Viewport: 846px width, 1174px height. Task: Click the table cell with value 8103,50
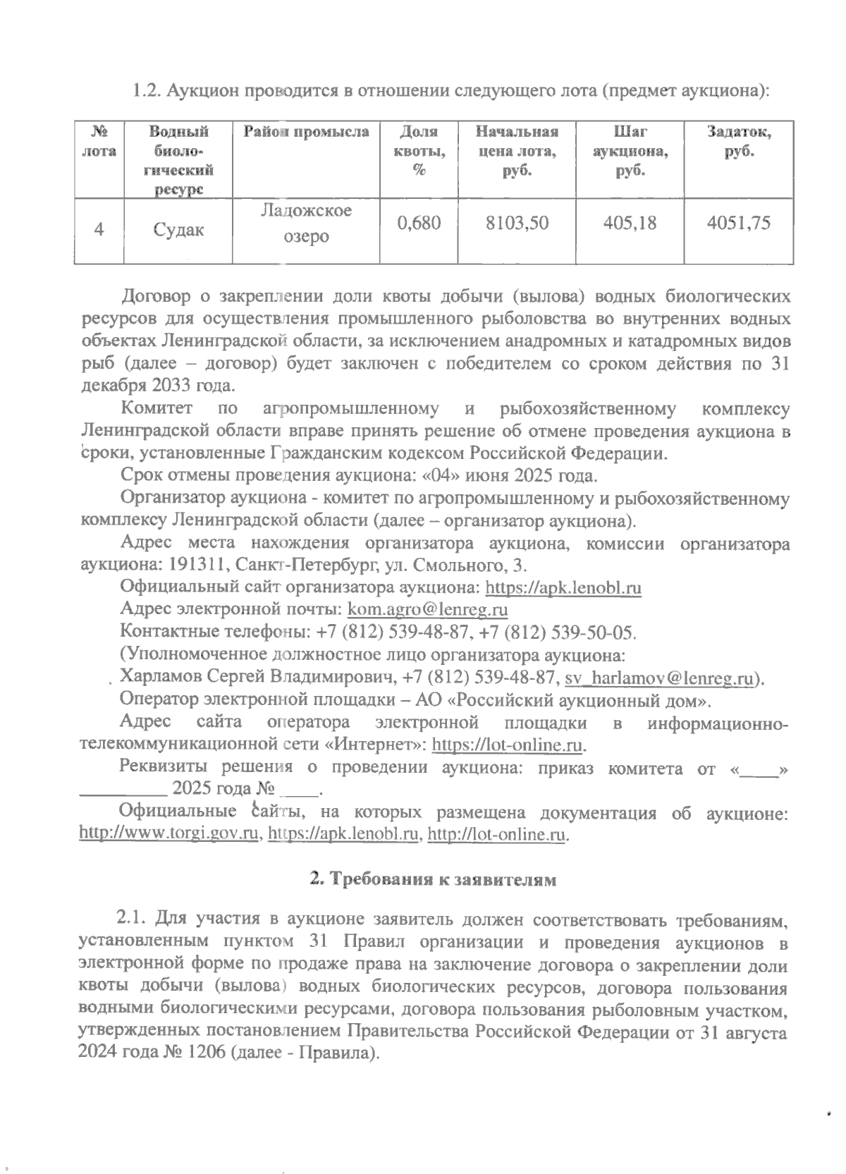point(517,224)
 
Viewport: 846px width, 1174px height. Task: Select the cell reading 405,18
point(630,224)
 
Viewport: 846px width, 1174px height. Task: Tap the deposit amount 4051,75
point(738,224)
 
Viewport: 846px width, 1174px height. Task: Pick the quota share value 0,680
point(419,224)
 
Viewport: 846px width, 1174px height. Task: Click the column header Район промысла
point(307,132)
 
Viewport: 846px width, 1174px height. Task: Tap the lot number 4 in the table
point(99,230)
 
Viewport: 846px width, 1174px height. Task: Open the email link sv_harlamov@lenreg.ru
point(661,678)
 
